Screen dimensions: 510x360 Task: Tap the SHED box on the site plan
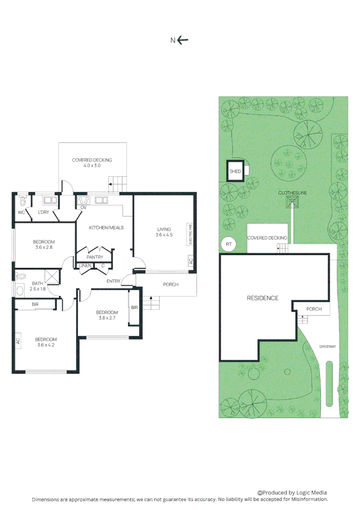234,171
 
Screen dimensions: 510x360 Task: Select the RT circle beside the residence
229,244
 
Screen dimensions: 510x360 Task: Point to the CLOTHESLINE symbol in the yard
293,203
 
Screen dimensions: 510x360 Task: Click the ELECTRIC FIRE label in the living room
190,234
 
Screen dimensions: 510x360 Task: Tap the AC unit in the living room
191,261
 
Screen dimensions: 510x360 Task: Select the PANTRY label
95,257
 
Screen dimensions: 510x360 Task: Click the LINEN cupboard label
85,266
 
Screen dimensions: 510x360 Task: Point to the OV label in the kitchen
83,207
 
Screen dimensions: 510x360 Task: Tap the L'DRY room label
43,212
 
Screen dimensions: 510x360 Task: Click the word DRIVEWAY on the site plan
327,346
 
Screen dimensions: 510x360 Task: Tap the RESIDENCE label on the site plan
263,298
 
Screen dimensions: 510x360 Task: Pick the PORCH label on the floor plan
170,284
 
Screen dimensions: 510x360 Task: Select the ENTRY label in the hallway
113,281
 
